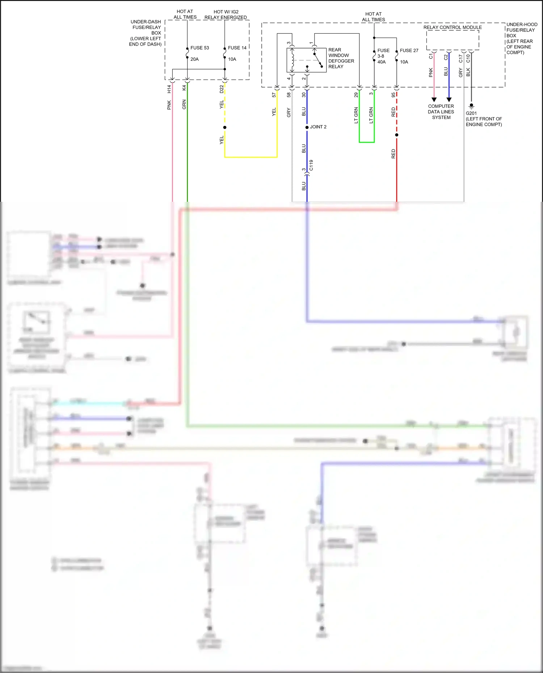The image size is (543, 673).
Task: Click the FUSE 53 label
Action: tap(199, 48)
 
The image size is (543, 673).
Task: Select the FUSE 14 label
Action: tap(237, 48)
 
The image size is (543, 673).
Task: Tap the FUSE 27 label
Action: tap(409, 51)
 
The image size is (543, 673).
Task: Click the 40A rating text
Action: tap(381, 62)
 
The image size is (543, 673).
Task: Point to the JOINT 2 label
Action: tap(318, 127)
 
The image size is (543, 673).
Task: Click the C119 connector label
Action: tap(311, 165)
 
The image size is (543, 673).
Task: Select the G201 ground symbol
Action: tap(471, 106)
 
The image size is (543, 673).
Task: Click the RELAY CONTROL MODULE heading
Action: tap(452, 27)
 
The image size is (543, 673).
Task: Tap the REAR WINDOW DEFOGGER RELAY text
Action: tap(341, 58)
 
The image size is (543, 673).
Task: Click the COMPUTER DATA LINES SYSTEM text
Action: tap(441, 112)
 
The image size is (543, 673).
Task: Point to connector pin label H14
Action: tap(169, 89)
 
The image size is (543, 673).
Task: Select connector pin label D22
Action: tap(222, 89)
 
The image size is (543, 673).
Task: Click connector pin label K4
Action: tap(184, 88)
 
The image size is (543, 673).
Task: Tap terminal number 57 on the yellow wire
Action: tap(274, 95)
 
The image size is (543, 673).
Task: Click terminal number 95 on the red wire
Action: tap(393, 95)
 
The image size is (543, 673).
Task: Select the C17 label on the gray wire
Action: tap(460, 58)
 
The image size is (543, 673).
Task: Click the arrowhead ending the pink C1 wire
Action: tap(434, 99)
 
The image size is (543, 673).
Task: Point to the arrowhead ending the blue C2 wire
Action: tap(449, 99)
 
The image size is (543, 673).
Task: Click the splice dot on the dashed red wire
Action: tap(396, 135)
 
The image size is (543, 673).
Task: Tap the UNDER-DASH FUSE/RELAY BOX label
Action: tap(146, 33)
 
